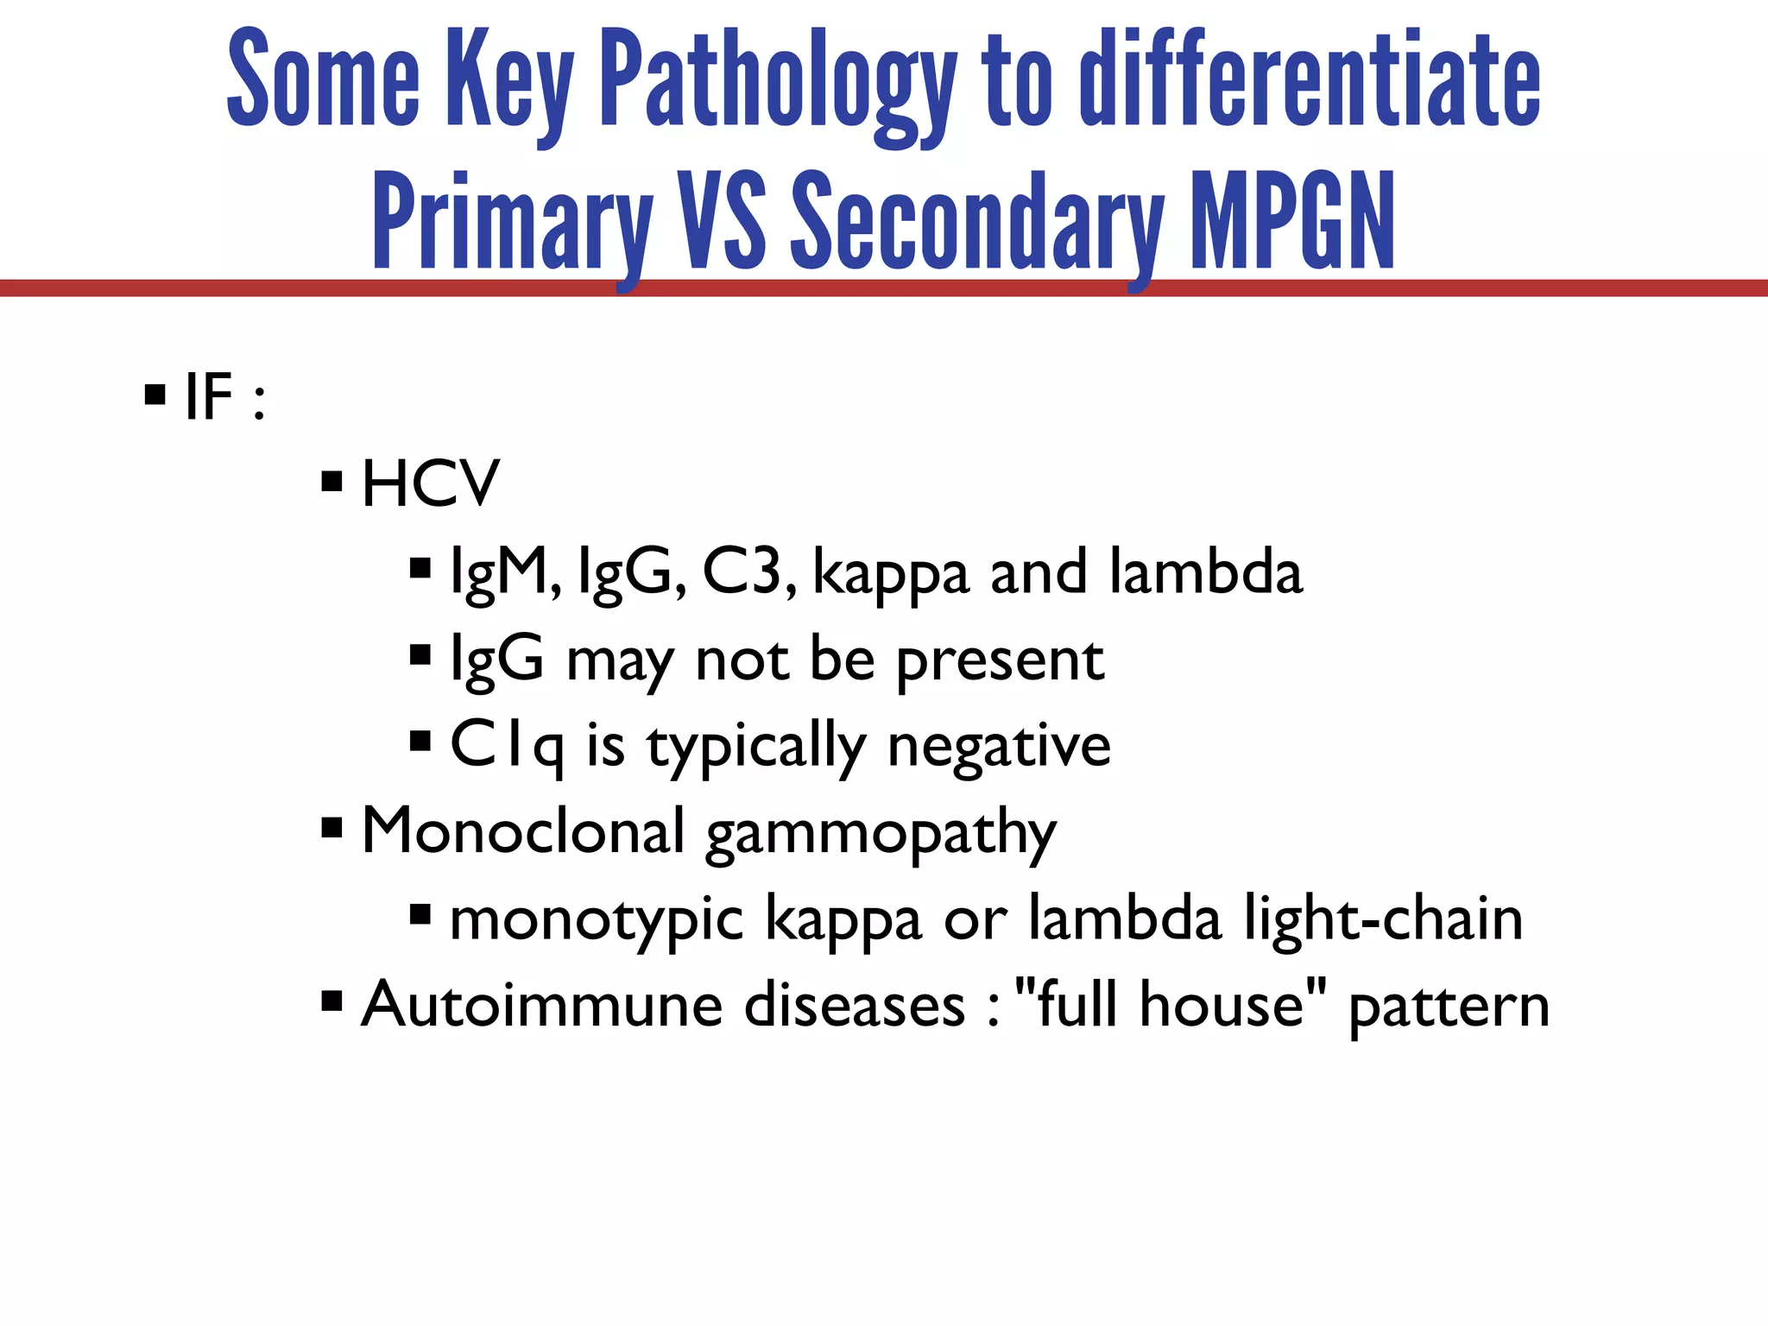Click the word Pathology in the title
click(x=777, y=82)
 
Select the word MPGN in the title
click(x=1292, y=222)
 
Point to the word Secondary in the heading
click(x=977, y=222)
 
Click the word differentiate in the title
click(x=1310, y=82)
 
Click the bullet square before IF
click(x=155, y=396)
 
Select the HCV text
click(x=430, y=483)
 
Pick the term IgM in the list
click(x=505, y=572)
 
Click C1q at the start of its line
click(x=507, y=746)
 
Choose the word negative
click(x=999, y=746)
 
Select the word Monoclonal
click(x=523, y=832)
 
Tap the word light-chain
click(x=1383, y=919)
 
